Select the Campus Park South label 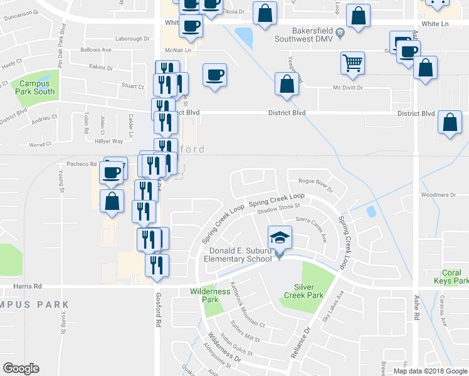36,87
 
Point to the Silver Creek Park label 303,291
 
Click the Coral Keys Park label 451,277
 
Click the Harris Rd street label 27,286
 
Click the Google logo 21,368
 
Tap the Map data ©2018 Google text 429,371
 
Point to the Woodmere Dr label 438,195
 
